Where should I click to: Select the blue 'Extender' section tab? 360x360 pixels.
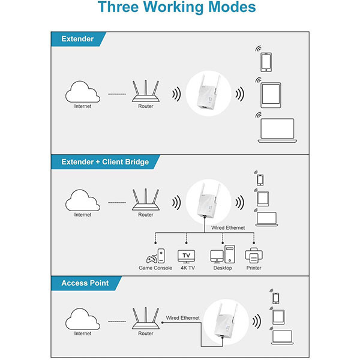(77, 39)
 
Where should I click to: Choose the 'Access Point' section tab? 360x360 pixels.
(85, 283)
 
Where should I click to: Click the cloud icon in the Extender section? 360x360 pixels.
(83, 93)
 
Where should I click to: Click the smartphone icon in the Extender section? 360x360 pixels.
(266, 62)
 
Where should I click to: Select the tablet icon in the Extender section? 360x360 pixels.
(271, 95)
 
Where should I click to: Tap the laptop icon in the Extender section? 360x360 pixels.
(276, 130)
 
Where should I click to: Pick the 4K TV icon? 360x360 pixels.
(186, 256)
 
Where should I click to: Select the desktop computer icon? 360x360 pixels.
(223, 254)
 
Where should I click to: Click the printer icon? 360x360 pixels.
(253, 255)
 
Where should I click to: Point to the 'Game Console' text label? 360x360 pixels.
(155, 269)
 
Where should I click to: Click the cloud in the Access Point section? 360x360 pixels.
(83, 322)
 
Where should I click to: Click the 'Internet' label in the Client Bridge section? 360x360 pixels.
(83, 214)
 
